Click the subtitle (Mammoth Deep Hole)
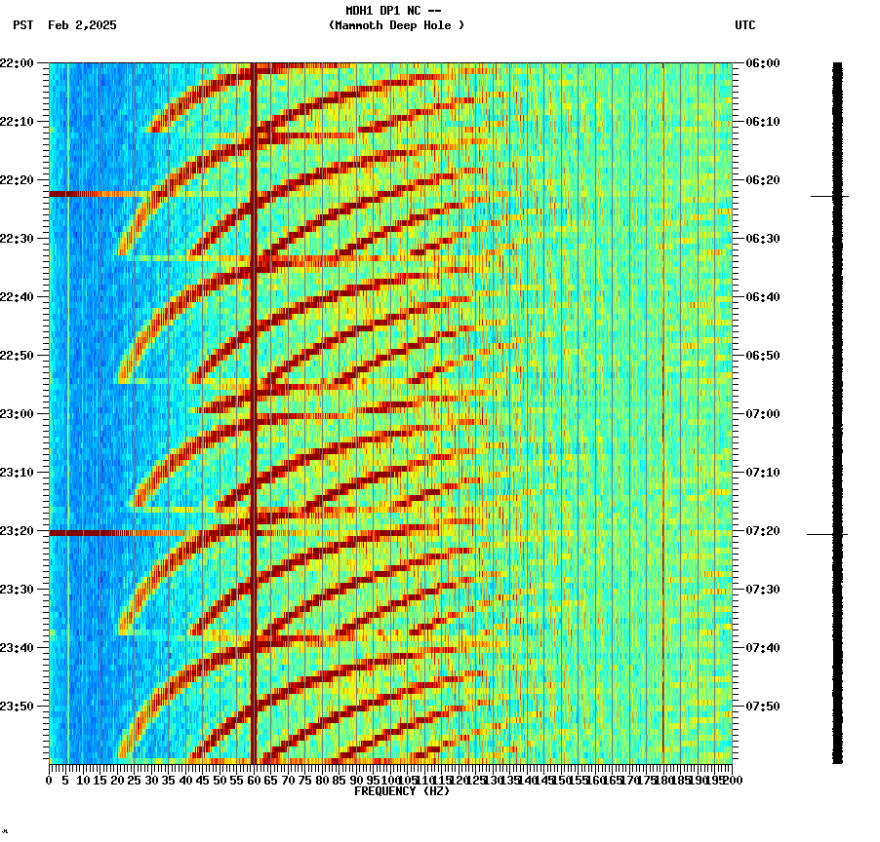pos(396,25)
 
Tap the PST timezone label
pos(23,25)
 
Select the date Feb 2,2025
pos(82,25)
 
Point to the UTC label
pos(745,25)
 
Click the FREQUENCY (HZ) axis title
pos(402,791)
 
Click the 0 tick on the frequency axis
pos(50,781)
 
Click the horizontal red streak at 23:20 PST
pos(117,533)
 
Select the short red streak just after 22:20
pos(83,194)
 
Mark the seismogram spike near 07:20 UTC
pos(827,534)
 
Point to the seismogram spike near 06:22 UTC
pos(829,196)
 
